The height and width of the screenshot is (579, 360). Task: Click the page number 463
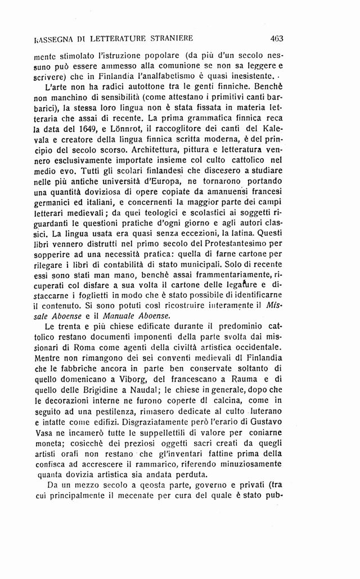click(x=276, y=39)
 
